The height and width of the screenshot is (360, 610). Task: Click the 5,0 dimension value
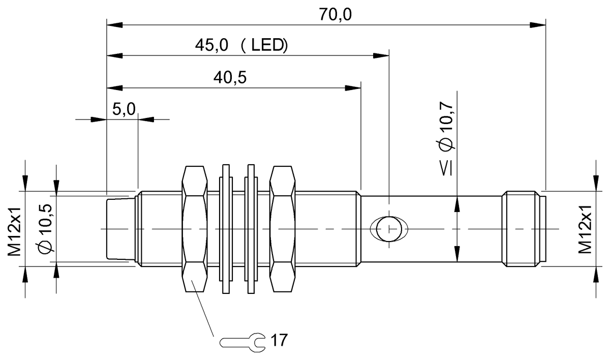124,109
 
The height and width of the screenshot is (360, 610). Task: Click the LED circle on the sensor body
388,229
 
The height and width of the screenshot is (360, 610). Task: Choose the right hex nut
283,229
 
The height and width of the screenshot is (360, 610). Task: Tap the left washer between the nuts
225,229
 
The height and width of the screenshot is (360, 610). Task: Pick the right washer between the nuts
250,229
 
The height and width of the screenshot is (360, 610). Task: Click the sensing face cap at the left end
118,229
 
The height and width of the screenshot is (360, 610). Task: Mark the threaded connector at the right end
521,229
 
